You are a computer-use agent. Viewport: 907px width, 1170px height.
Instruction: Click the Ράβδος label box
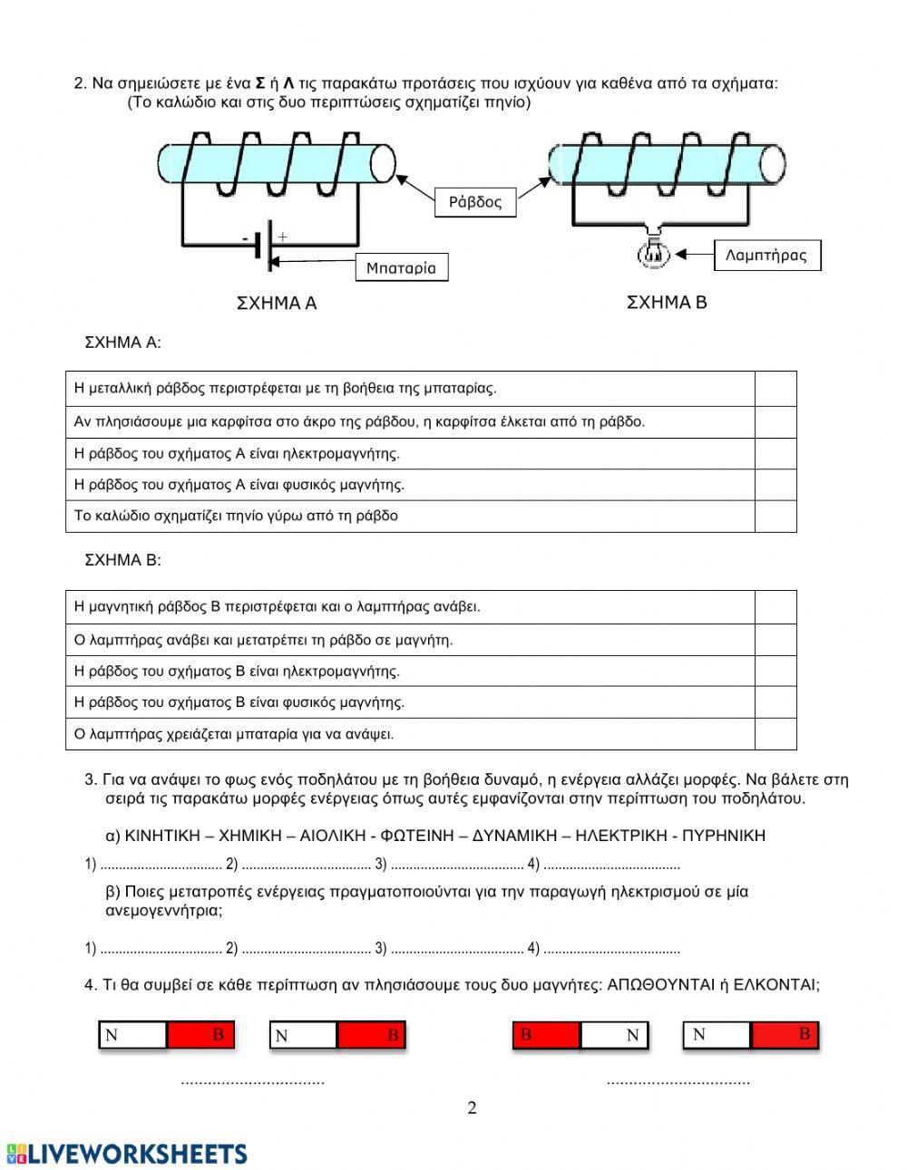coord(475,202)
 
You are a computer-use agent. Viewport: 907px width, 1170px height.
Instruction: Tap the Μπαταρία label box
coord(401,268)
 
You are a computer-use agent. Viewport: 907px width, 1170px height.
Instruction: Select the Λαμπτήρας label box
coord(766,256)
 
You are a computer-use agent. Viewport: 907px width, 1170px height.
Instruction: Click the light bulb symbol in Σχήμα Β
coord(653,253)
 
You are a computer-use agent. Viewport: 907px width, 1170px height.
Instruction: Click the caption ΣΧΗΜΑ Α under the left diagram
coord(277,304)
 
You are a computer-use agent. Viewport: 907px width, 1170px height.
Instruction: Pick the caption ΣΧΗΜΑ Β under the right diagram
coord(667,303)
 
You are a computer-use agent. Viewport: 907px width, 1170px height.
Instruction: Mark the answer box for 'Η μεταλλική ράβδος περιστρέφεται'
coord(775,389)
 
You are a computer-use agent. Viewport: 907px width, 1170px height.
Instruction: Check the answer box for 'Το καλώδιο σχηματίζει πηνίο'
coord(775,517)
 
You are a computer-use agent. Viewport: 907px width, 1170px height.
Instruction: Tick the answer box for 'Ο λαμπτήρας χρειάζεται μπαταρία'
coord(775,734)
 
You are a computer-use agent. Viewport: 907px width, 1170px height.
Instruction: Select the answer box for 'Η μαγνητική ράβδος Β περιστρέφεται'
coord(775,607)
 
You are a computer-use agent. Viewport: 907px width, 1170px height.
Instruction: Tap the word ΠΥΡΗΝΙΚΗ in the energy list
coord(723,836)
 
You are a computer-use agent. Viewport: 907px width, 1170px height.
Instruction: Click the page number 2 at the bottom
coord(472,1107)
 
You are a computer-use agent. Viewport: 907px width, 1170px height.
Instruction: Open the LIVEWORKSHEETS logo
coord(127,1153)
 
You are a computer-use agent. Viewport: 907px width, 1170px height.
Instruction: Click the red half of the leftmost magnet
coord(200,1035)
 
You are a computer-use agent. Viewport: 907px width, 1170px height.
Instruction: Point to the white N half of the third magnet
coord(615,1035)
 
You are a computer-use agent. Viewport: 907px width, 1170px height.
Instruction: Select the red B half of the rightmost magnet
coord(785,1034)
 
